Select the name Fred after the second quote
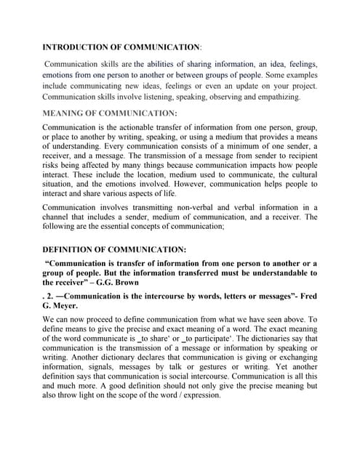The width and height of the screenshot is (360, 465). click(x=308, y=297)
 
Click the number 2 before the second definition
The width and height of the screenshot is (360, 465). click(x=49, y=297)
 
